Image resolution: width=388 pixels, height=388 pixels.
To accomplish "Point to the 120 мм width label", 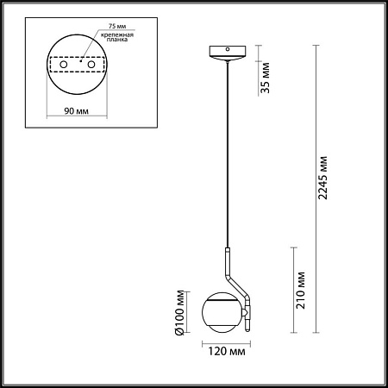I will [x=227, y=353].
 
